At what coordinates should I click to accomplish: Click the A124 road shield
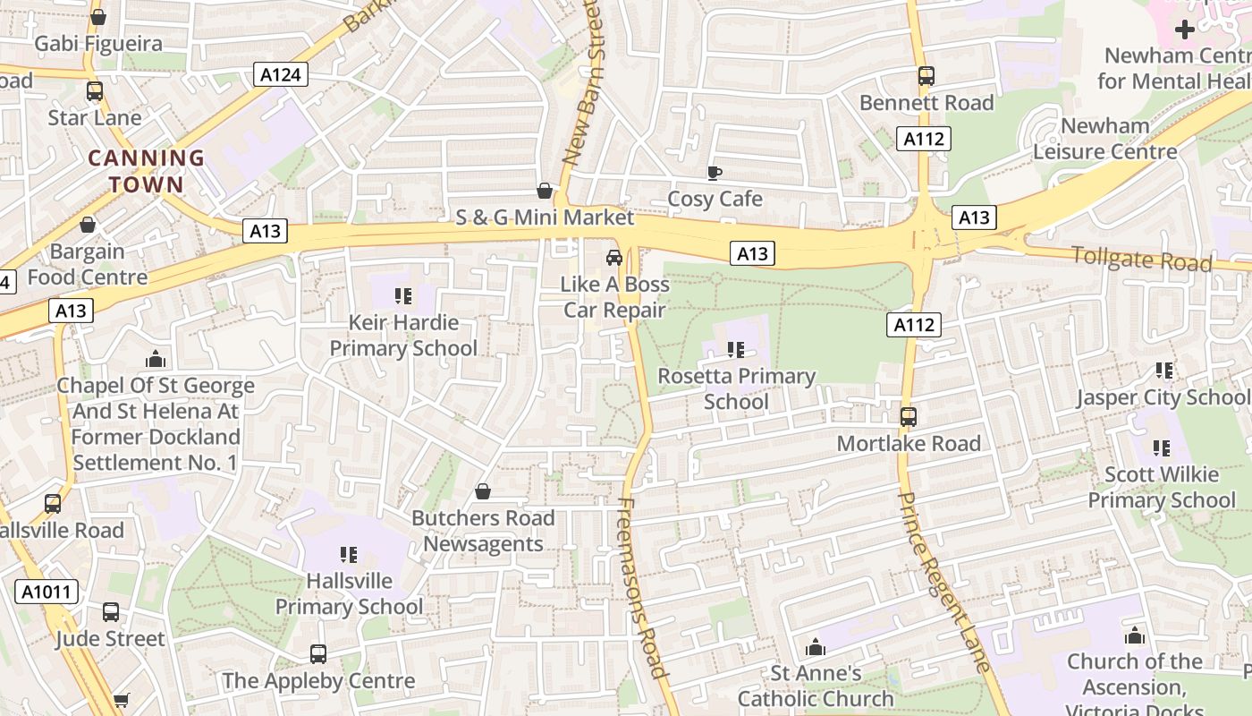tap(280, 75)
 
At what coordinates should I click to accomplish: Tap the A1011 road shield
tap(47, 592)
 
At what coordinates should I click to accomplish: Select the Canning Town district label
tap(146, 172)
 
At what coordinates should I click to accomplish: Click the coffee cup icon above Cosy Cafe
tap(714, 173)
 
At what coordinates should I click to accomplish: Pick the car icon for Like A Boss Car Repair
tap(614, 258)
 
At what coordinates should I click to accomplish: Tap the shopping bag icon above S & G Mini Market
tap(544, 191)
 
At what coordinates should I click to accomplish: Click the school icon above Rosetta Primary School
tap(736, 350)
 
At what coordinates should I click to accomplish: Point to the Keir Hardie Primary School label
tap(403, 335)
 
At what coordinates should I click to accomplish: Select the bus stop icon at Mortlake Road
tap(909, 416)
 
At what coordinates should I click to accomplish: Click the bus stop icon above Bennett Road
tap(926, 76)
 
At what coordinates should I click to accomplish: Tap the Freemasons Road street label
tap(642, 587)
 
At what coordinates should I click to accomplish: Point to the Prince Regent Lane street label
tap(944, 582)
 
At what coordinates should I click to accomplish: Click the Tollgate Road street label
tap(1142, 259)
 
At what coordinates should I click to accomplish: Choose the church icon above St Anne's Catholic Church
tap(815, 647)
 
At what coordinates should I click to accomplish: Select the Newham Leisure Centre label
tap(1105, 139)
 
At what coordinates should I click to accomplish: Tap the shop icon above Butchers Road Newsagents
tap(483, 491)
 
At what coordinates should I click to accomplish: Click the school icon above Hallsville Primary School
tap(349, 555)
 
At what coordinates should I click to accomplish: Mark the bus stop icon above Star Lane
tap(95, 90)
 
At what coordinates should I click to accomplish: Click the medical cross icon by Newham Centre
tap(1184, 30)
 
